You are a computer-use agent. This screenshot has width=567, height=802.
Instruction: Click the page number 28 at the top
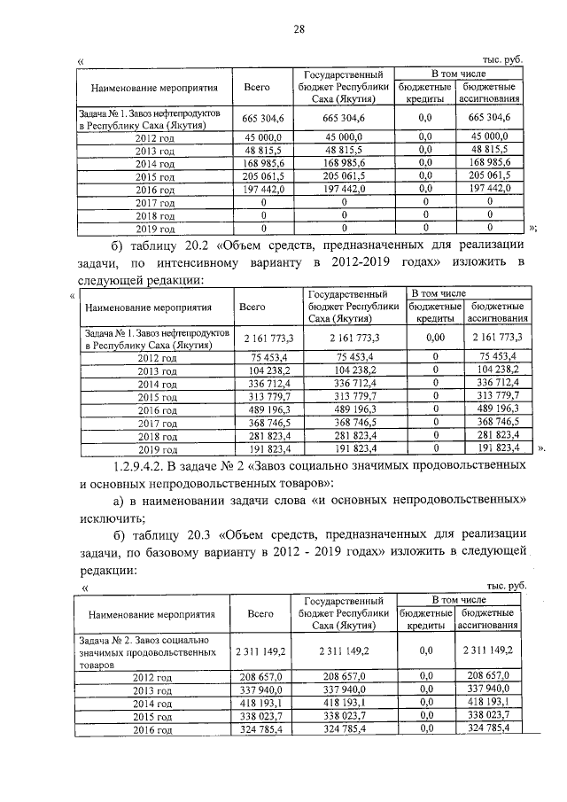(299, 29)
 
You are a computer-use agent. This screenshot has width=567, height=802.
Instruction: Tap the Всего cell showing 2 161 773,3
(260, 338)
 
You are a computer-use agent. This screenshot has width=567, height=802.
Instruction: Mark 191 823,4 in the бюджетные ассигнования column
(491, 449)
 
